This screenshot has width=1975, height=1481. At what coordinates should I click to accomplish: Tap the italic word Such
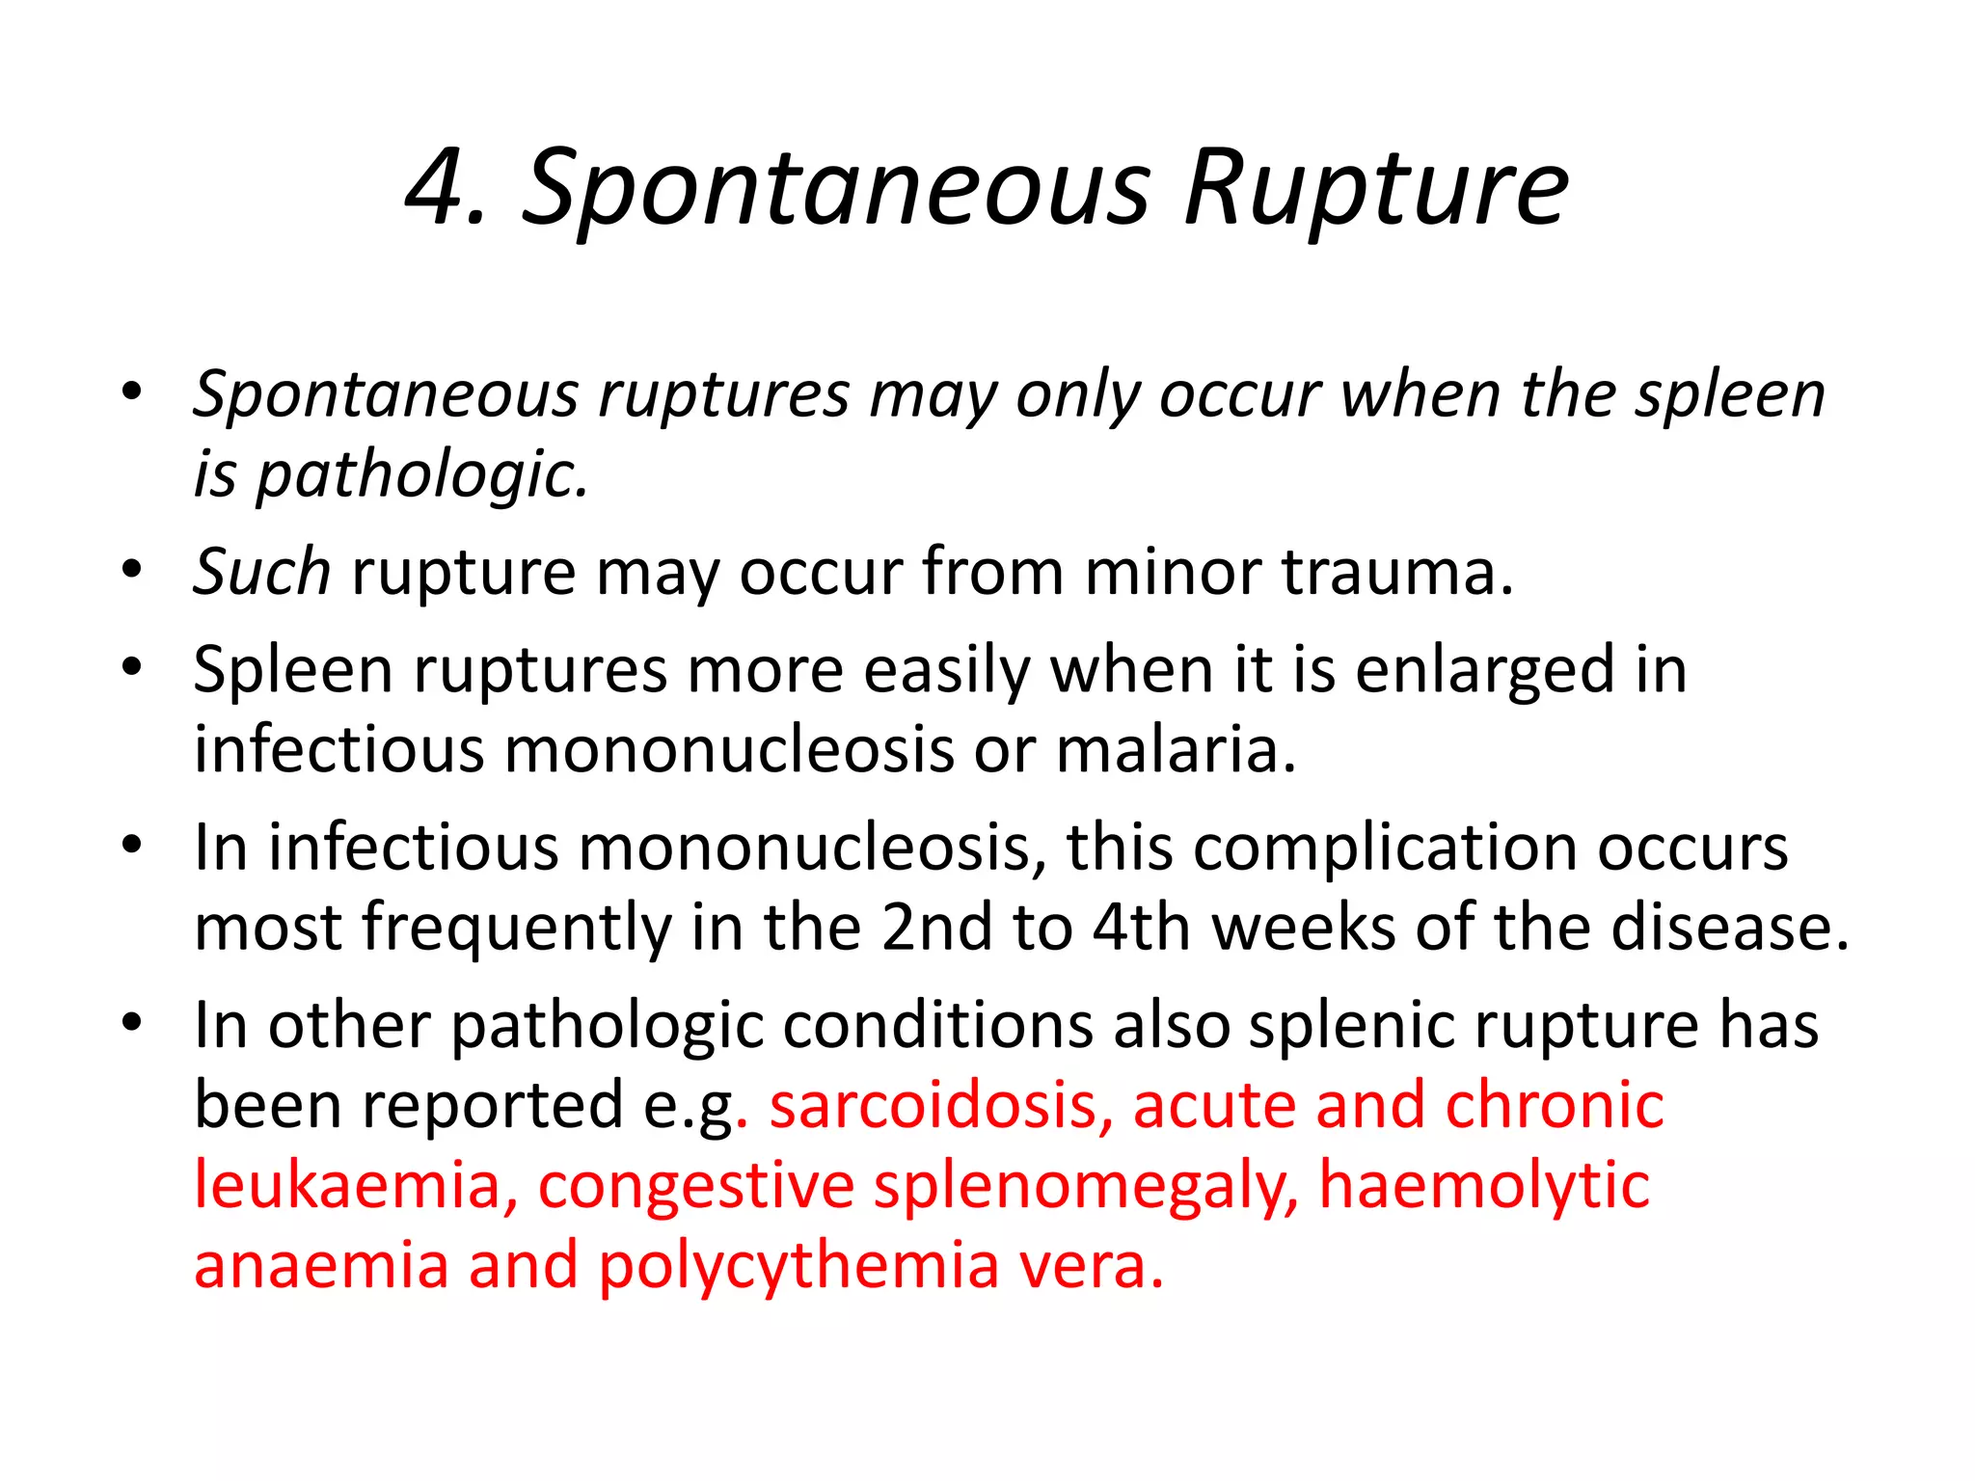(261, 571)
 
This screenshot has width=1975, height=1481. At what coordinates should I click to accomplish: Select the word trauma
(1396, 571)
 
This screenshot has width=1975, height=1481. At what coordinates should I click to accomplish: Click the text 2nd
(936, 927)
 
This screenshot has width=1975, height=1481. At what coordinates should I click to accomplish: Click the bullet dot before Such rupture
(132, 569)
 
